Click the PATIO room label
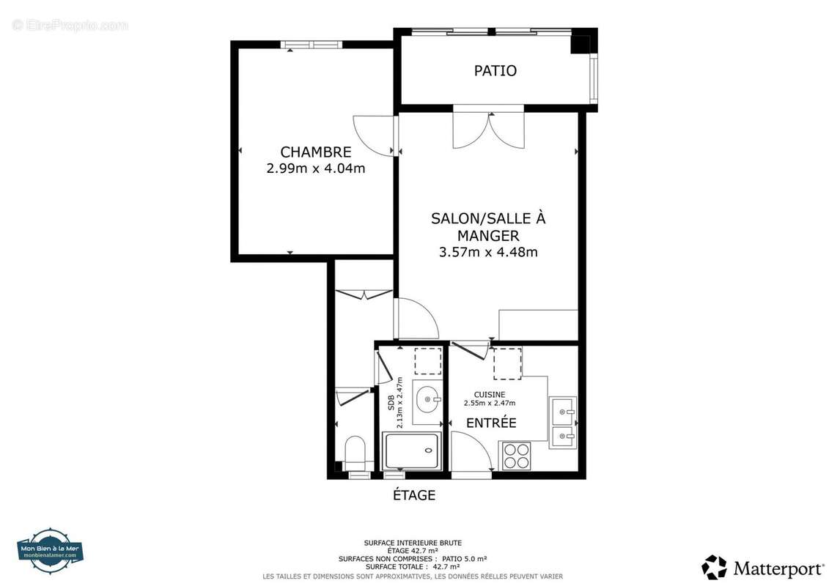[495, 71]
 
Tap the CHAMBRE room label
[315, 152]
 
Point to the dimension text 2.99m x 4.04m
[315, 168]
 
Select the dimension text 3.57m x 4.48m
[488, 253]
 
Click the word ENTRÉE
[491, 423]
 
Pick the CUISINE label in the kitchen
[489, 395]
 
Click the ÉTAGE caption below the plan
[414, 495]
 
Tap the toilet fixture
[355, 453]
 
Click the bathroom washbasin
[428, 401]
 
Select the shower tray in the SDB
[412, 450]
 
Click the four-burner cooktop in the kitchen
[516, 456]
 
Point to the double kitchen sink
[563, 423]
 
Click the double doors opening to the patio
[488, 130]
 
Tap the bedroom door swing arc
[374, 136]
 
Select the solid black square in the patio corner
[580, 43]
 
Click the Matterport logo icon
[714, 568]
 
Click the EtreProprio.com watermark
[70, 25]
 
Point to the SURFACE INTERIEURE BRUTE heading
[413, 543]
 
